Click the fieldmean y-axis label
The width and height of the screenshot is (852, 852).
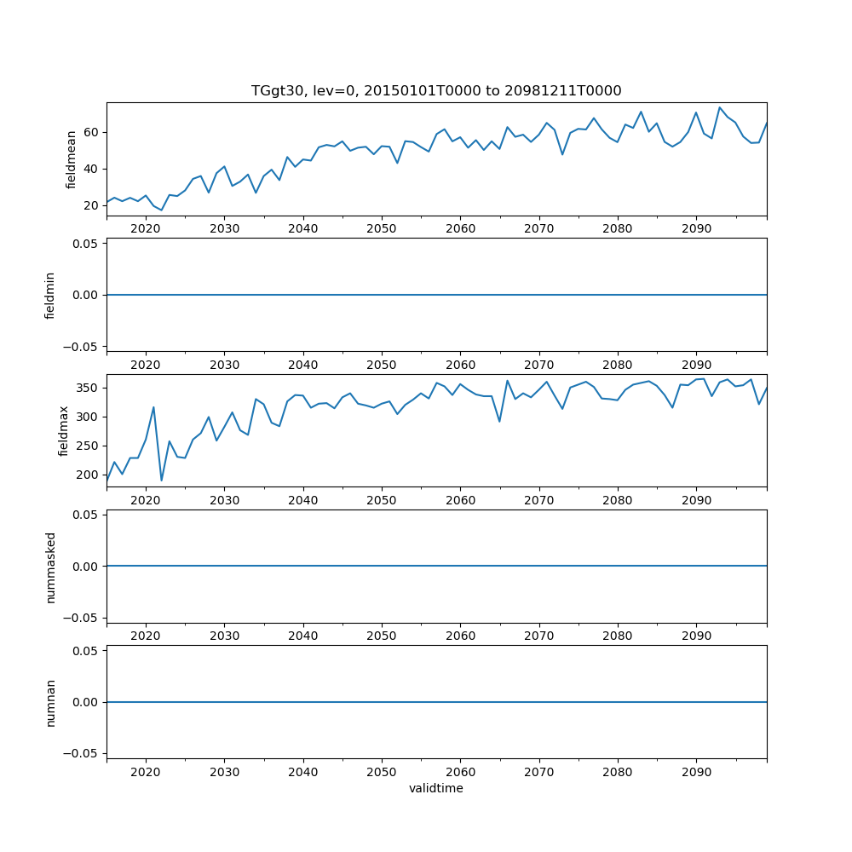[72, 159]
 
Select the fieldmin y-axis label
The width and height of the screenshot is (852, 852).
[50, 295]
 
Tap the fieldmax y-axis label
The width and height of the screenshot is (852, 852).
[63, 431]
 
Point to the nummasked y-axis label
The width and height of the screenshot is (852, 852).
[50, 567]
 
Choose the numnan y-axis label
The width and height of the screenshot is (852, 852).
[50, 702]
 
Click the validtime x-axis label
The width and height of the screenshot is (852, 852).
[436, 789]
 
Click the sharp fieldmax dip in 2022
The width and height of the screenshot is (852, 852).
[161, 481]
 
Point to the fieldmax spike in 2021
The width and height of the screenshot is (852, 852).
[153, 407]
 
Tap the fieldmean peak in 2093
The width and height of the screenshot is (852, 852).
[719, 107]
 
